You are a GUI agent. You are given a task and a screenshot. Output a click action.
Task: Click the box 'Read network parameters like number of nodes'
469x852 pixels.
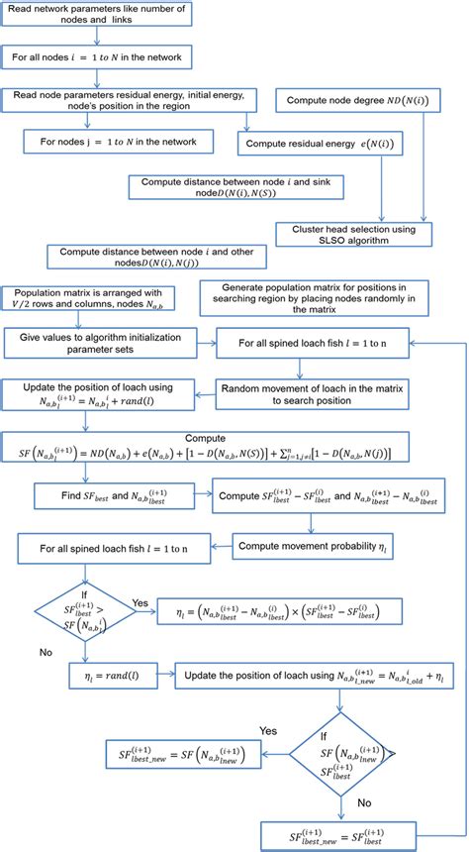tap(97, 16)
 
